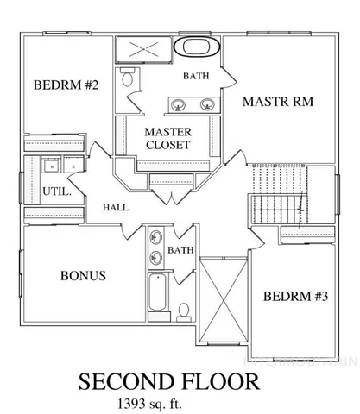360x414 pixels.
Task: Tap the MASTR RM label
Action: (277, 102)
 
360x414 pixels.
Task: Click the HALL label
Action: (116, 208)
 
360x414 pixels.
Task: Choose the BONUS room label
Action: (83, 276)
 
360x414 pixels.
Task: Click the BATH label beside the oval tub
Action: (196, 77)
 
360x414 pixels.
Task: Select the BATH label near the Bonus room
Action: (180, 251)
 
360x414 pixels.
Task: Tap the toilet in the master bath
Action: (128, 80)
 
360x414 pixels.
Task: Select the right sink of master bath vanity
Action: (207, 105)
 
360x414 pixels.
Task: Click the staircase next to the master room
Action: (277, 196)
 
